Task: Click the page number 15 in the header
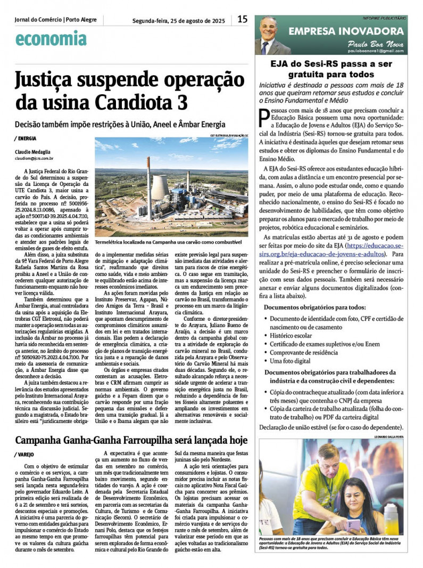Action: pyautogui.click(x=243, y=20)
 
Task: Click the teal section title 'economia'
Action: pyautogui.click(x=51, y=38)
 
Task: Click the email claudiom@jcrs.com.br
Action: pyautogui.click(x=34, y=158)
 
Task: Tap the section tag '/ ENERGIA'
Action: pyautogui.click(x=26, y=138)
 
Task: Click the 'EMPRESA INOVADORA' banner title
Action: pyautogui.click(x=346, y=31)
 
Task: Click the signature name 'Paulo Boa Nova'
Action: pyautogui.click(x=375, y=44)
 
